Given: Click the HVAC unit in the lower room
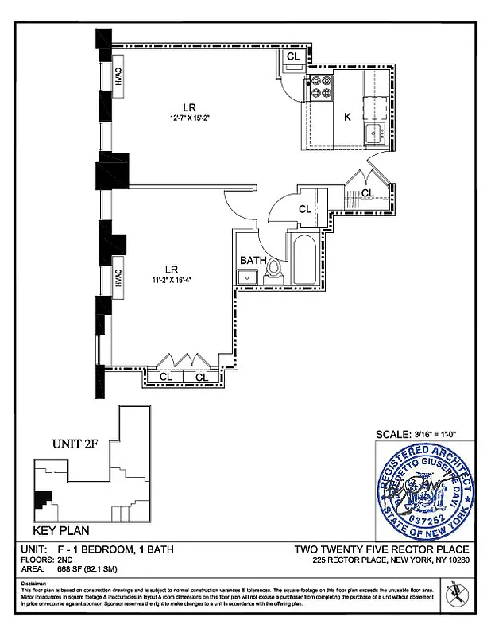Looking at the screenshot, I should pyautogui.click(x=118, y=277).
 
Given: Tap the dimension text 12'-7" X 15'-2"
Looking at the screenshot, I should pyautogui.click(x=190, y=118).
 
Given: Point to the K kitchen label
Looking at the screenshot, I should pyautogui.click(x=347, y=117).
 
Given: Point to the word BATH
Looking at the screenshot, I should pyautogui.click(x=253, y=260).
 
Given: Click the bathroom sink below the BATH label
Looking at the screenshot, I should pyautogui.click(x=246, y=277).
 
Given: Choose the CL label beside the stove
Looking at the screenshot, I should pyautogui.click(x=293, y=57).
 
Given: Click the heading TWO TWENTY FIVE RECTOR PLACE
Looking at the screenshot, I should pyautogui.click(x=381, y=549).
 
